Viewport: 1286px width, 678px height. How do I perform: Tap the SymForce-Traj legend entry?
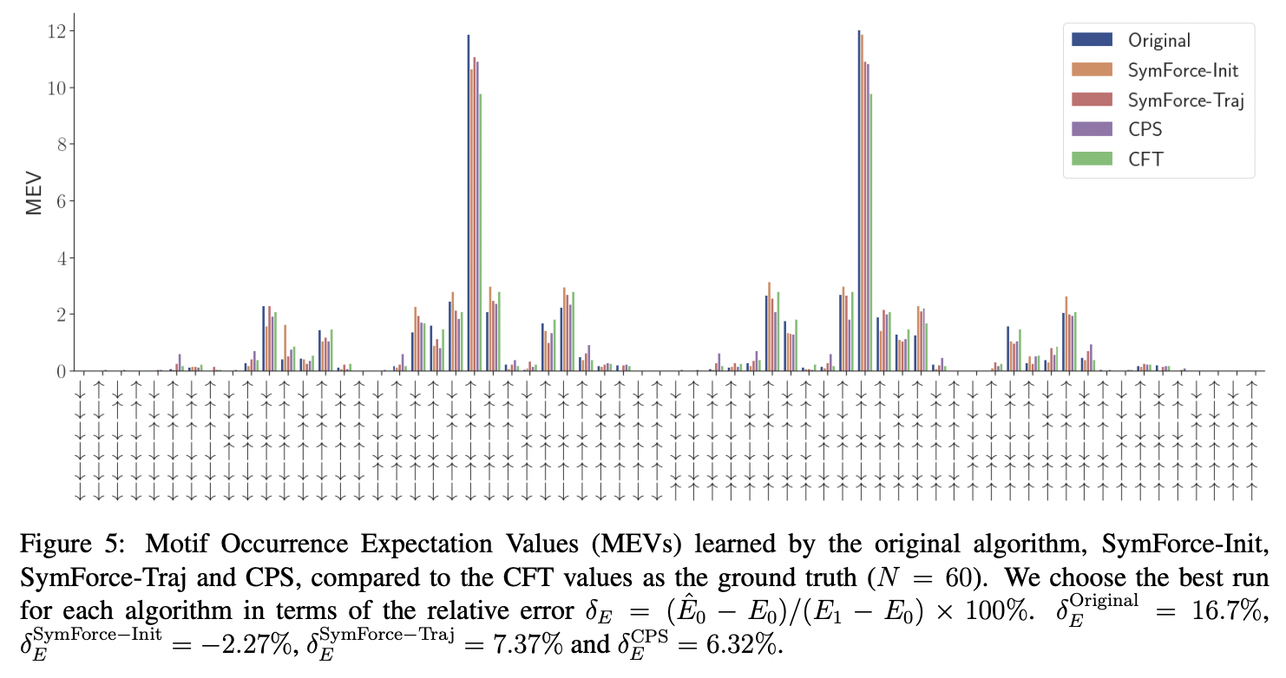tap(1185, 101)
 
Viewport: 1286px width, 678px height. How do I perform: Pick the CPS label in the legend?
tap(1145, 130)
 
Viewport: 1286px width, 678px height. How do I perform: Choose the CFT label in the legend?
tap(1145, 160)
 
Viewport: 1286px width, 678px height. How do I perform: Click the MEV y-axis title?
tap(33, 193)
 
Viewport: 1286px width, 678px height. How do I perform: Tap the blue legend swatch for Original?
tap(1092, 40)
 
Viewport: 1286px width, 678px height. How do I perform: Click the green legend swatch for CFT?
tap(1092, 160)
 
